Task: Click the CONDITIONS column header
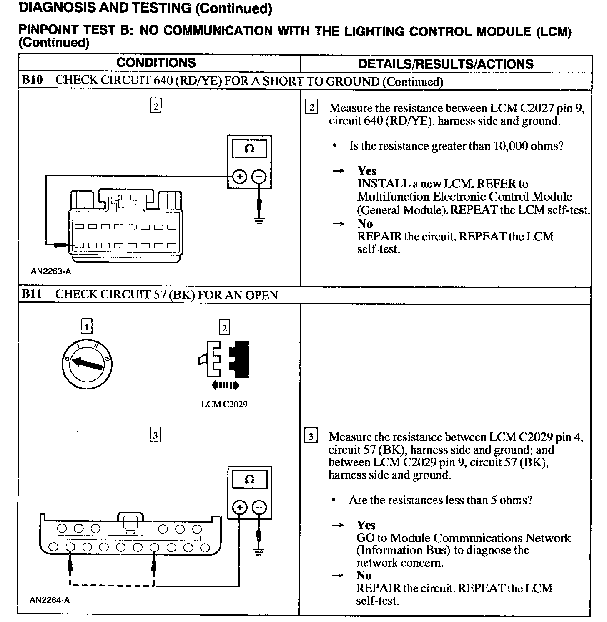(156, 63)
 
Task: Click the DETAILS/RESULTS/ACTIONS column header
(446, 64)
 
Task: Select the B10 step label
(32, 80)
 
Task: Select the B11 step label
(32, 294)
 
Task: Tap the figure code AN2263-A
(51, 271)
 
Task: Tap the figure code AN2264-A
(50, 600)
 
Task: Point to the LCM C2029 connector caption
(224, 404)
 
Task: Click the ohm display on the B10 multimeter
(249, 149)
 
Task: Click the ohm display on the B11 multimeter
(249, 480)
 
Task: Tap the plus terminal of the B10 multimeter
(239, 177)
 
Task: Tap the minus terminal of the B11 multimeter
(259, 508)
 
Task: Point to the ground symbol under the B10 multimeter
(259, 220)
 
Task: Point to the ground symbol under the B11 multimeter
(259, 552)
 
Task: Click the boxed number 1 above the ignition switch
(87, 326)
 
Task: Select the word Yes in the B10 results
(367, 171)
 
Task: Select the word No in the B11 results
(364, 575)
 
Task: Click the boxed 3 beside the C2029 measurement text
(311, 437)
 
